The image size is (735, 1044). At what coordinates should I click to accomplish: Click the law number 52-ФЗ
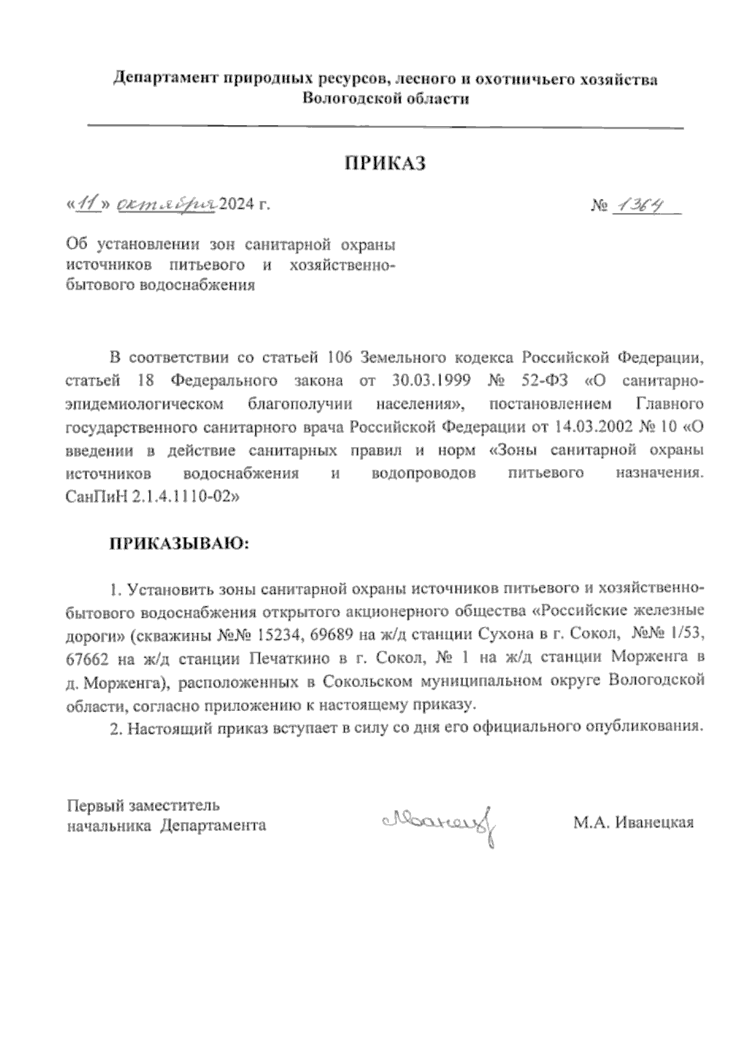[545, 381]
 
